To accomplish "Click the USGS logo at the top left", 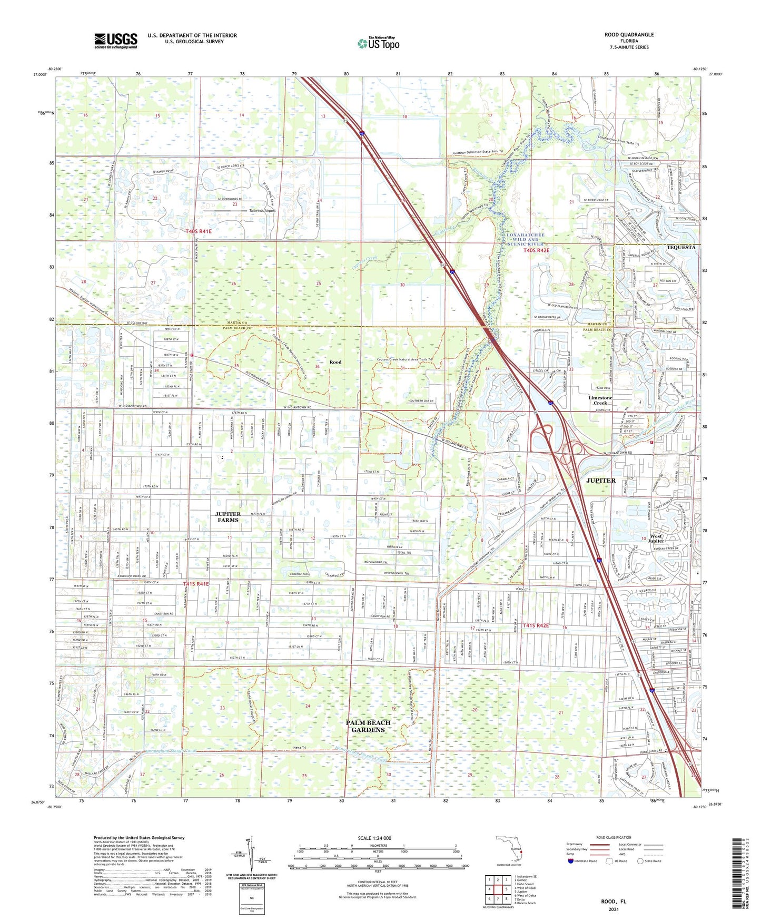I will pos(115,41).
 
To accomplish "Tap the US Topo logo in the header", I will pos(378,43).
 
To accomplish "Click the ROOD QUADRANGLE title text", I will pos(629,35).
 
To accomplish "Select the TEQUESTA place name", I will pos(680,247).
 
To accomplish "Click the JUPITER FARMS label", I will pos(228,517).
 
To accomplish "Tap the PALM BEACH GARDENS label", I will pos(368,726).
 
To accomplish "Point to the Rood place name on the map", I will pos(335,362).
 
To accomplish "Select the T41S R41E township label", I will pos(196,584).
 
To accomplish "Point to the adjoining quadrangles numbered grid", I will pos(498,889).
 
